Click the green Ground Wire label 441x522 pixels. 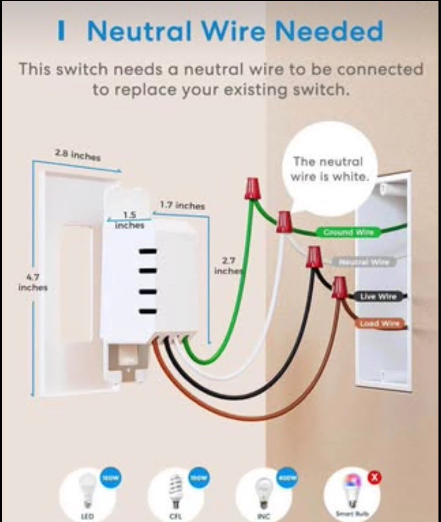348,232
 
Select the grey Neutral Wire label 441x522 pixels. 364,262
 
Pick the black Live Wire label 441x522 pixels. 378,297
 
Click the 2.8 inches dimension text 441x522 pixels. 78,156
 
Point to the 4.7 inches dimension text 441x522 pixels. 33,282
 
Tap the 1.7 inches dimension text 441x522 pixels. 182,206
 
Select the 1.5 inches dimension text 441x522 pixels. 129,220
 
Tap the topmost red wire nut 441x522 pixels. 253,188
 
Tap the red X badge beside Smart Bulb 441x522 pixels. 375,478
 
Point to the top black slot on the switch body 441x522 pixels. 147,251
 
